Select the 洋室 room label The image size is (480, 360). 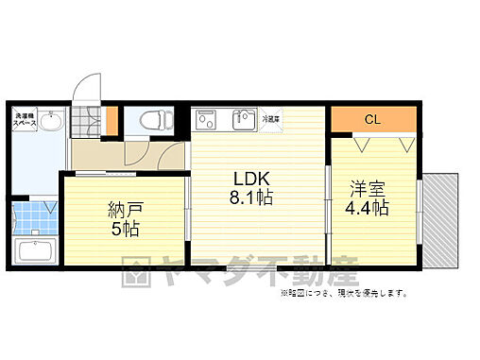pos(369,188)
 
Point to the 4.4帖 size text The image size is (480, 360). pos(369,208)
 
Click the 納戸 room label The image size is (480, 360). pos(124,209)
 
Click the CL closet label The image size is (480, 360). pos(373,120)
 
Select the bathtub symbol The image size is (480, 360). pos(35,252)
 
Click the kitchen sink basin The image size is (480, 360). pos(245,120)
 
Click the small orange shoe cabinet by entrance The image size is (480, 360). pos(111,120)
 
